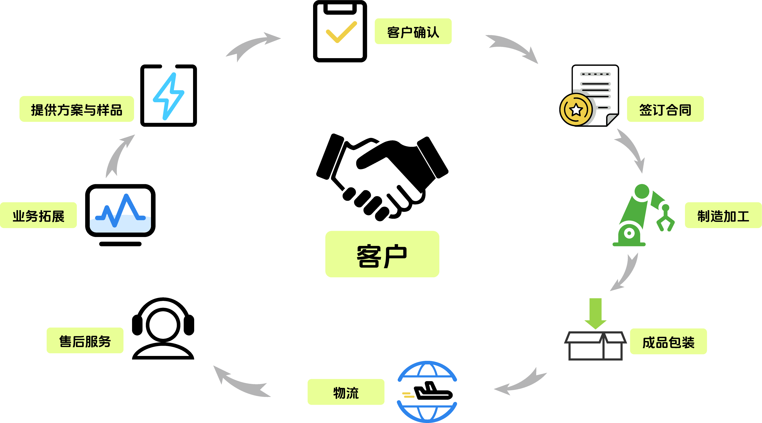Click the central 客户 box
tap(382, 254)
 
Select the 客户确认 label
tap(413, 31)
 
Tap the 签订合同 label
tap(665, 109)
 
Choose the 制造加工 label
tap(723, 215)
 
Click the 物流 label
tap(346, 392)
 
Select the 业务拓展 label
tap(39, 215)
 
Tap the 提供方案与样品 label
tap(77, 109)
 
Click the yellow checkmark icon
tap(341, 32)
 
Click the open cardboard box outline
tap(595, 346)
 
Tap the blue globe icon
tap(427, 392)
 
